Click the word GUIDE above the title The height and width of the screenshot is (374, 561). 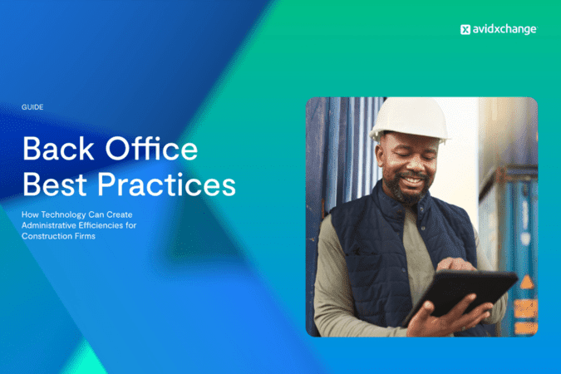coord(32,107)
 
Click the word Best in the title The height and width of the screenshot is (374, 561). coord(54,184)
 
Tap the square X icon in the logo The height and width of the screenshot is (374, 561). coord(465,29)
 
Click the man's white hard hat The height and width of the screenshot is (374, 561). coord(408,119)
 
